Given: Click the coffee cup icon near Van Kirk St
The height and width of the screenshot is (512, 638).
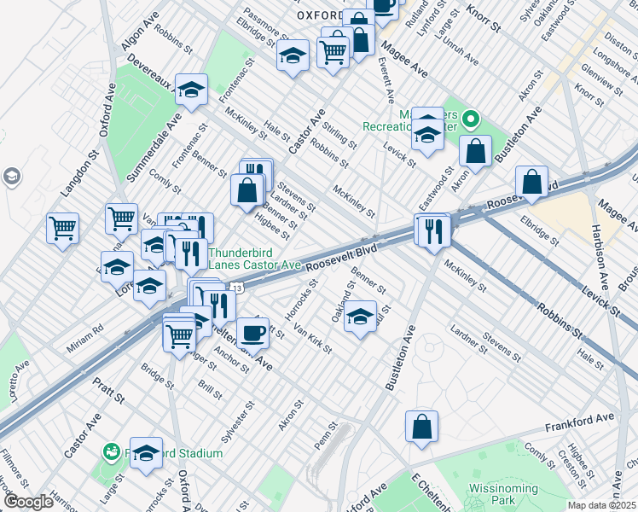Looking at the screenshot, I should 252,332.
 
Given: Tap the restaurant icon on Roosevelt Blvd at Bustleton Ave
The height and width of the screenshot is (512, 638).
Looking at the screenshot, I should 432,230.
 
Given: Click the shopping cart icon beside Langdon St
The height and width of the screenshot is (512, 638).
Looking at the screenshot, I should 62,229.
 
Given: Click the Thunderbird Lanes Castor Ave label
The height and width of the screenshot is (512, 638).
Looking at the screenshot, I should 254,259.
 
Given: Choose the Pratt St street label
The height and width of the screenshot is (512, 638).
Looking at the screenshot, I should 109,393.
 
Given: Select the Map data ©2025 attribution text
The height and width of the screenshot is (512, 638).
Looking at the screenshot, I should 601,505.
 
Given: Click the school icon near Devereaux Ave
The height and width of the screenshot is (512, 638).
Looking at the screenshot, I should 192,90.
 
